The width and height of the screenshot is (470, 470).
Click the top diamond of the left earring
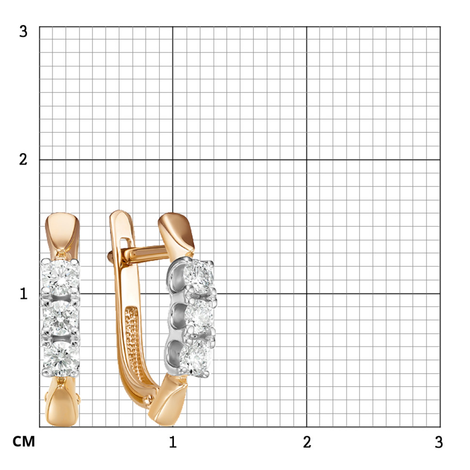(61, 276)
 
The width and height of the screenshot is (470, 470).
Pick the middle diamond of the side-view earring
(199, 315)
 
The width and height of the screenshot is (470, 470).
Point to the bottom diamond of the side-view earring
(195, 359)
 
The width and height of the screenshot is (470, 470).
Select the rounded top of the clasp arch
(120, 215)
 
